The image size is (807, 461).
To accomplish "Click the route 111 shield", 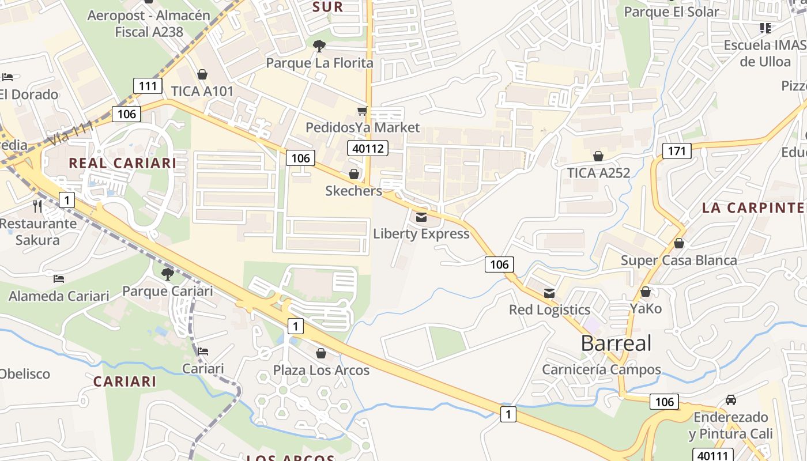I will (148, 86).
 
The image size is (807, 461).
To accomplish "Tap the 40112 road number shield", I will (368, 148).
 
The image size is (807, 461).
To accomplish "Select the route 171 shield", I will (677, 152).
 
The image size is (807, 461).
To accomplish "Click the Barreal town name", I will (616, 343).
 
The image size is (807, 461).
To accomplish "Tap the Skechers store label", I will (353, 191).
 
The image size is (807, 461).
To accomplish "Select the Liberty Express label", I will (421, 233).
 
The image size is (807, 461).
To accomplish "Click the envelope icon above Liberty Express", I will (421, 217).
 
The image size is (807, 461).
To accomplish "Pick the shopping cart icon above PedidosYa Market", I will (362, 111).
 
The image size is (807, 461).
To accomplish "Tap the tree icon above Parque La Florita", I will (318, 46).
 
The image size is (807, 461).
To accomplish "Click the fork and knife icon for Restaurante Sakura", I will (37, 206).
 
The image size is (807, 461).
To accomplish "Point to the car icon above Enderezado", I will (730, 400).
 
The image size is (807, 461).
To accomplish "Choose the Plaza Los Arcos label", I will (321, 370).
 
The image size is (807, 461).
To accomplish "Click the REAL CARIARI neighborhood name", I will (122, 163).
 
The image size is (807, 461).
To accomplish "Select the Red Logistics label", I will (549, 310).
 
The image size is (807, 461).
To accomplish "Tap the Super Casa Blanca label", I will (678, 260).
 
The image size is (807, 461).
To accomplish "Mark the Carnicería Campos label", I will (601, 369).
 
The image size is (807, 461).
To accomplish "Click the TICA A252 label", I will (598, 173).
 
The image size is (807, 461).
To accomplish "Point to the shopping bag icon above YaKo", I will (646, 292).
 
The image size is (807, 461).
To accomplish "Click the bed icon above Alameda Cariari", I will (59, 279).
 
